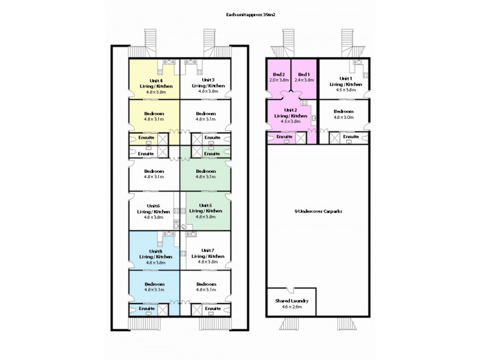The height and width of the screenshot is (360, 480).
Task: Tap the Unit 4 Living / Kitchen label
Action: (154, 86)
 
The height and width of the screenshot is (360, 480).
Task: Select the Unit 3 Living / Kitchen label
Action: (208, 86)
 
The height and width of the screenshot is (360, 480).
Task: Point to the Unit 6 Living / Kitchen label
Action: (154, 211)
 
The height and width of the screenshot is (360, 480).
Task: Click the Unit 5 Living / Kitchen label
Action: (206, 211)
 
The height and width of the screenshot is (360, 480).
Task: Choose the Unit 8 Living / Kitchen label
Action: (154, 256)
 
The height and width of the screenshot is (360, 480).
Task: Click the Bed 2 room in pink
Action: (278, 77)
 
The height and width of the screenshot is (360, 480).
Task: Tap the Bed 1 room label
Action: (305, 77)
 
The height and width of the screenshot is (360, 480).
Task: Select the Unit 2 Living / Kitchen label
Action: (291, 115)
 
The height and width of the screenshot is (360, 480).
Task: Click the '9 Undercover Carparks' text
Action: (318, 212)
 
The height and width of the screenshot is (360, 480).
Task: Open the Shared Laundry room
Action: (291, 301)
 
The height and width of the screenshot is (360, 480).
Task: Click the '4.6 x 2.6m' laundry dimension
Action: (291, 307)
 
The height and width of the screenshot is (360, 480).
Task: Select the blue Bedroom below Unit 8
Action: (154, 286)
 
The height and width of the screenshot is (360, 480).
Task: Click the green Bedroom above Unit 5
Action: (206, 174)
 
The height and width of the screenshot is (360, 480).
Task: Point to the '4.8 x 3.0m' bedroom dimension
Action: (344, 117)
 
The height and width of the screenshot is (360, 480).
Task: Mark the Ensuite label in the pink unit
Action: (286, 137)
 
